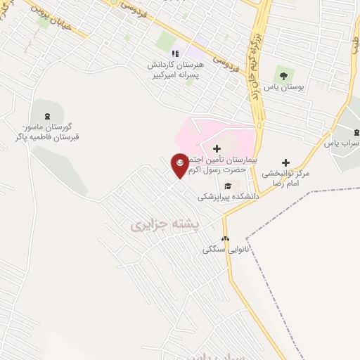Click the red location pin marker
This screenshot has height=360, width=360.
tap(180, 165)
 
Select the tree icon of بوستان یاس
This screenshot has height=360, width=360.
tap(283, 75)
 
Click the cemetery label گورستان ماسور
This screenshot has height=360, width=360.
tap(46, 131)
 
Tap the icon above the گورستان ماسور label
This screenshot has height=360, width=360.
tap(47, 116)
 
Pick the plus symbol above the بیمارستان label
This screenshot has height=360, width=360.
tap(217, 148)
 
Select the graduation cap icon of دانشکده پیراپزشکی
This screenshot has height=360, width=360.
tap(228, 186)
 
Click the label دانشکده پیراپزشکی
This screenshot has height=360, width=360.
tap(229, 198)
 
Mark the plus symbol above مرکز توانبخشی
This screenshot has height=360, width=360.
tap(286, 162)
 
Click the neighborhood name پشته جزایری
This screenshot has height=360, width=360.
tap(167, 225)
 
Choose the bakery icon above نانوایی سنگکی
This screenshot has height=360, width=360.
tap(226, 239)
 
